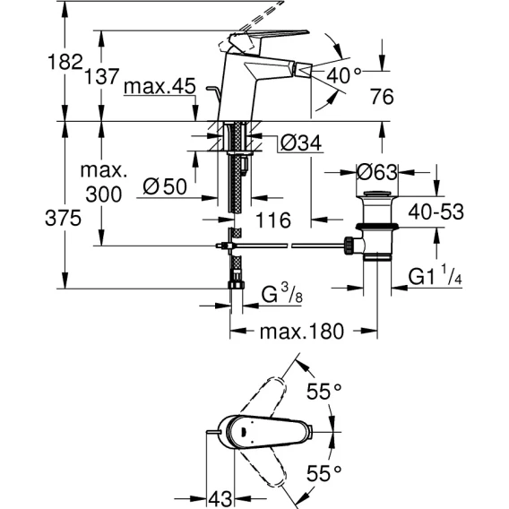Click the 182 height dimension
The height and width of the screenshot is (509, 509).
click(65, 62)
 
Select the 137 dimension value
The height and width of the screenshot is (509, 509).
click(101, 76)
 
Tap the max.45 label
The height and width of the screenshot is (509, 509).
click(160, 87)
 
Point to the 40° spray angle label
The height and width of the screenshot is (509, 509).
click(343, 75)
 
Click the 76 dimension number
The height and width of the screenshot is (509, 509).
click(382, 97)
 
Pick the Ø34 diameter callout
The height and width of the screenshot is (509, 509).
click(301, 142)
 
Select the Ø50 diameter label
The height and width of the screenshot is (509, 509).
click(165, 186)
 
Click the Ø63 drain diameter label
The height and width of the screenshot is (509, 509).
click(377, 172)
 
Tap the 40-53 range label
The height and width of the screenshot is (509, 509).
click(436, 212)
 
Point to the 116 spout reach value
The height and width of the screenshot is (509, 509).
click(273, 220)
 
